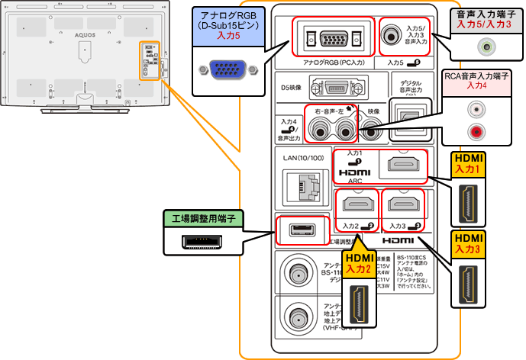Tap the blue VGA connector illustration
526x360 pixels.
click(225, 71)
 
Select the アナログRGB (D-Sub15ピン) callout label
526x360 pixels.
click(225, 24)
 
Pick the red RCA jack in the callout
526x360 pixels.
click(476, 133)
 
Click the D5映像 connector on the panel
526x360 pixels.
click(337, 86)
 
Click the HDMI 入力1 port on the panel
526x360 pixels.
click(405, 163)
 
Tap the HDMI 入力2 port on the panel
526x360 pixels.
click(357, 204)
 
